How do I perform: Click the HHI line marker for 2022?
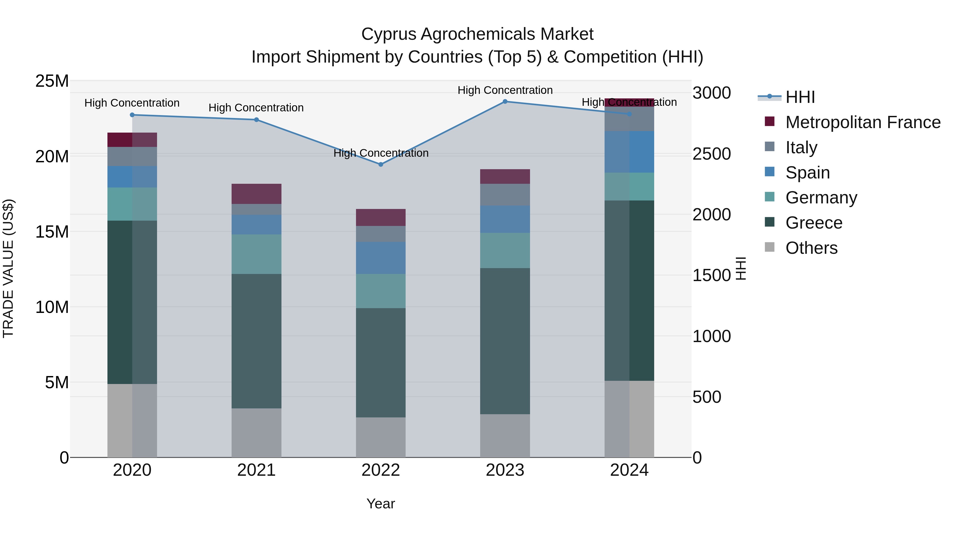(380, 164)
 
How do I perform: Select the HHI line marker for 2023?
(505, 101)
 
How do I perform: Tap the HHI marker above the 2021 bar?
(256, 120)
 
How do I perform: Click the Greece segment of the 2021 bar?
(256, 341)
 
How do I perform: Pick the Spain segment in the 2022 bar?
(380, 258)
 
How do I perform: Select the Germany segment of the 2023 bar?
(505, 251)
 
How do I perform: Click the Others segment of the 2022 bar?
(380, 437)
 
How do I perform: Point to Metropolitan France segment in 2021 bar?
(256, 194)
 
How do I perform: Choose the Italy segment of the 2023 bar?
(505, 195)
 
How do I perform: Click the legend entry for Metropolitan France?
(863, 122)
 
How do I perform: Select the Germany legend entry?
(821, 198)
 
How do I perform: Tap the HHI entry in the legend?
(800, 97)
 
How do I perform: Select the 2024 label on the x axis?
(629, 470)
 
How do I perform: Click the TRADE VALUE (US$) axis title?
(8, 268)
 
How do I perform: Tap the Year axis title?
(380, 504)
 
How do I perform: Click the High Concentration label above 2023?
(505, 90)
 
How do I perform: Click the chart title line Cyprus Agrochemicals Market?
(477, 34)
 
